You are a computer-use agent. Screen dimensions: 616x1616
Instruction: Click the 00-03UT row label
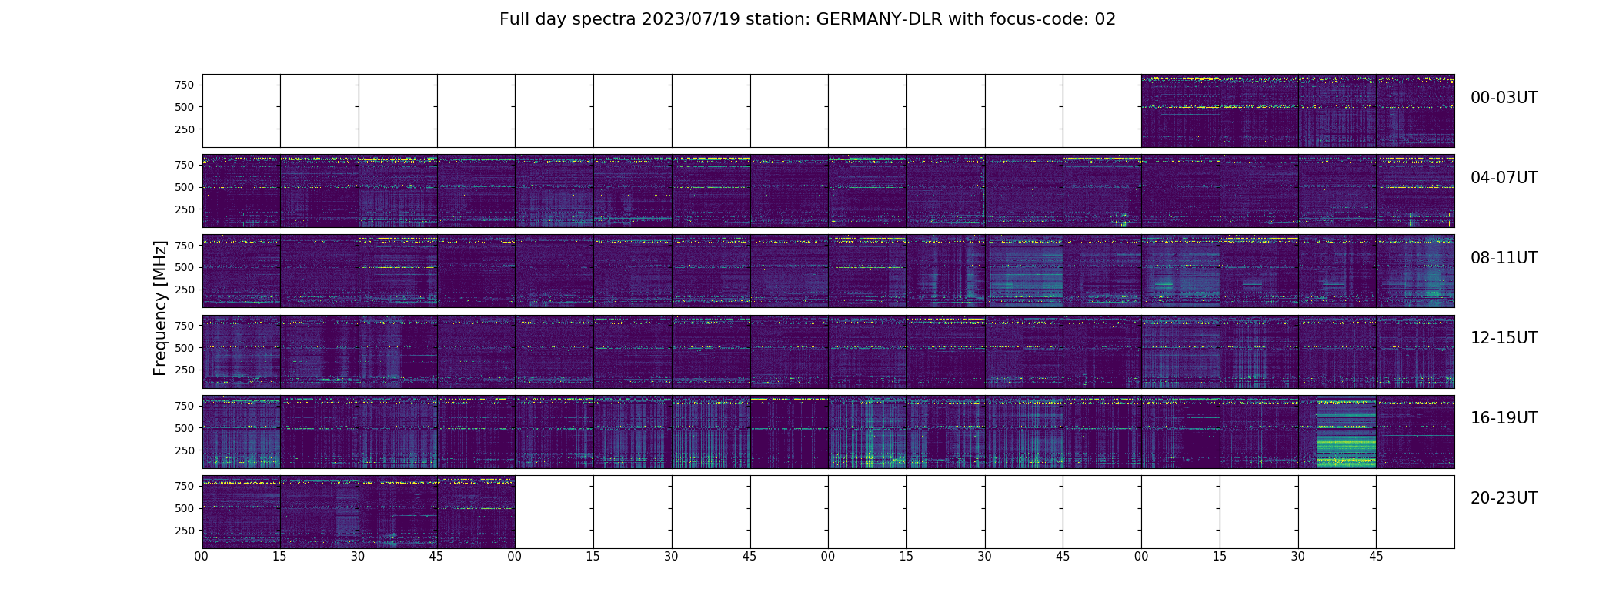tap(1504, 98)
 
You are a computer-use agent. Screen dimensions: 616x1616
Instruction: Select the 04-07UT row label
tap(1504, 178)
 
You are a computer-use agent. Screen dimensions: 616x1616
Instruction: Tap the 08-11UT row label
tap(1504, 258)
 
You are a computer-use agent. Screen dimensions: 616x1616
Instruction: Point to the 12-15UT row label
tap(1504, 338)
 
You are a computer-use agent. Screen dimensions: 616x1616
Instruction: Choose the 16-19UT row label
tap(1504, 418)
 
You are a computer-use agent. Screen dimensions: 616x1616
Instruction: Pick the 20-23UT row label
tap(1504, 498)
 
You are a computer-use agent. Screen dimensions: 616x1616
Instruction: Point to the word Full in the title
tap(516, 19)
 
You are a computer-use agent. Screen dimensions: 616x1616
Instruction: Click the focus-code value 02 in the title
tap(1105, 19)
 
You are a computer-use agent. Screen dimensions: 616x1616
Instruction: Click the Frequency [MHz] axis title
tap(160, 308)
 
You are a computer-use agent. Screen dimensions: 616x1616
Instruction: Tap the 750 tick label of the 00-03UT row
tap(184, 85)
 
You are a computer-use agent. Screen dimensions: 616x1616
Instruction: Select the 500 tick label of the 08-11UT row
tap(184, 267)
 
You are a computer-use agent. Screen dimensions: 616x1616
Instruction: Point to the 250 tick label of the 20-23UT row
tap(184, 531)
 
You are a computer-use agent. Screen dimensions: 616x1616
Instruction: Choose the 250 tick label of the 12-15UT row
tap(184, 370)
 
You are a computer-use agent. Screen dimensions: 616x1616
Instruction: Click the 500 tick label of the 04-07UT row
tap(184, 187)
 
